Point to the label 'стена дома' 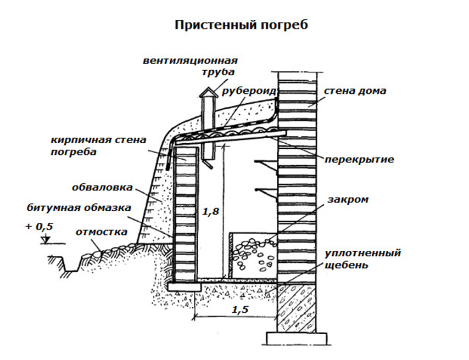point(355,91)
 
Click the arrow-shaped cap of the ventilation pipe point(208,94)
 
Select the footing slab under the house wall point(297,336)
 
